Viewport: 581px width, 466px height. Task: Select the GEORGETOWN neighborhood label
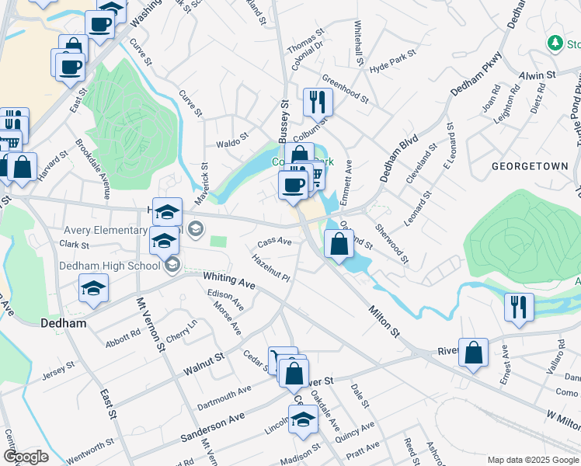coord(531,166)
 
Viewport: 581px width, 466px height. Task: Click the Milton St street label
coord(383,321)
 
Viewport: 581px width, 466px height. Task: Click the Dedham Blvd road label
coord(399,158)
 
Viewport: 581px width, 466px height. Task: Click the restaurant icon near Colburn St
coord(317,102)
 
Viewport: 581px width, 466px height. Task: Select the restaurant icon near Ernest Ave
coord(518,307)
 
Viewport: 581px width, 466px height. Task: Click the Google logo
coord(26,457)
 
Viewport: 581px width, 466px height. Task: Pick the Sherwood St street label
coord(391,243)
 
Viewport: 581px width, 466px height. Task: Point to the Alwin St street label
coord(538,75)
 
